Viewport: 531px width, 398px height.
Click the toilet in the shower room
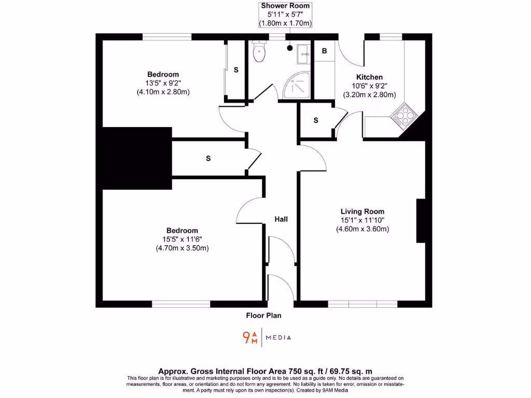tap(258, 52)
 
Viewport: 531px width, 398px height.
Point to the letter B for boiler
tap(325, 51)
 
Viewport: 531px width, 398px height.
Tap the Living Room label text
tap(362, 211)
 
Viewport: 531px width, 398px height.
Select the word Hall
tap(281, 219)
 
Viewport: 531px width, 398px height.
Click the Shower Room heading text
tap(285, 6)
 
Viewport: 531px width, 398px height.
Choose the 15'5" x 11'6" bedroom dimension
tap(181, 239)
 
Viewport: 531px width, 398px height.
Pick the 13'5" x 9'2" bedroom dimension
tap(163, 83)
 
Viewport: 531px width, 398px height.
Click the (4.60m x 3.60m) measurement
tap(362, 229)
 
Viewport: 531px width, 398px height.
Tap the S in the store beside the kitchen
tap(316, 120)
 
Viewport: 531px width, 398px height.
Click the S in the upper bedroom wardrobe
tap(236, 69)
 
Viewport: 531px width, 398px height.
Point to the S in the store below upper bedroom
tap(208, 159)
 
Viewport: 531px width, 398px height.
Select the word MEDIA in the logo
tap(278, 338)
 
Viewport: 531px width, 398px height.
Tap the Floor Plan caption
tap(263, 315)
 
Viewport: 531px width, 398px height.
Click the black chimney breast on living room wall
tap(421, 221)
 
